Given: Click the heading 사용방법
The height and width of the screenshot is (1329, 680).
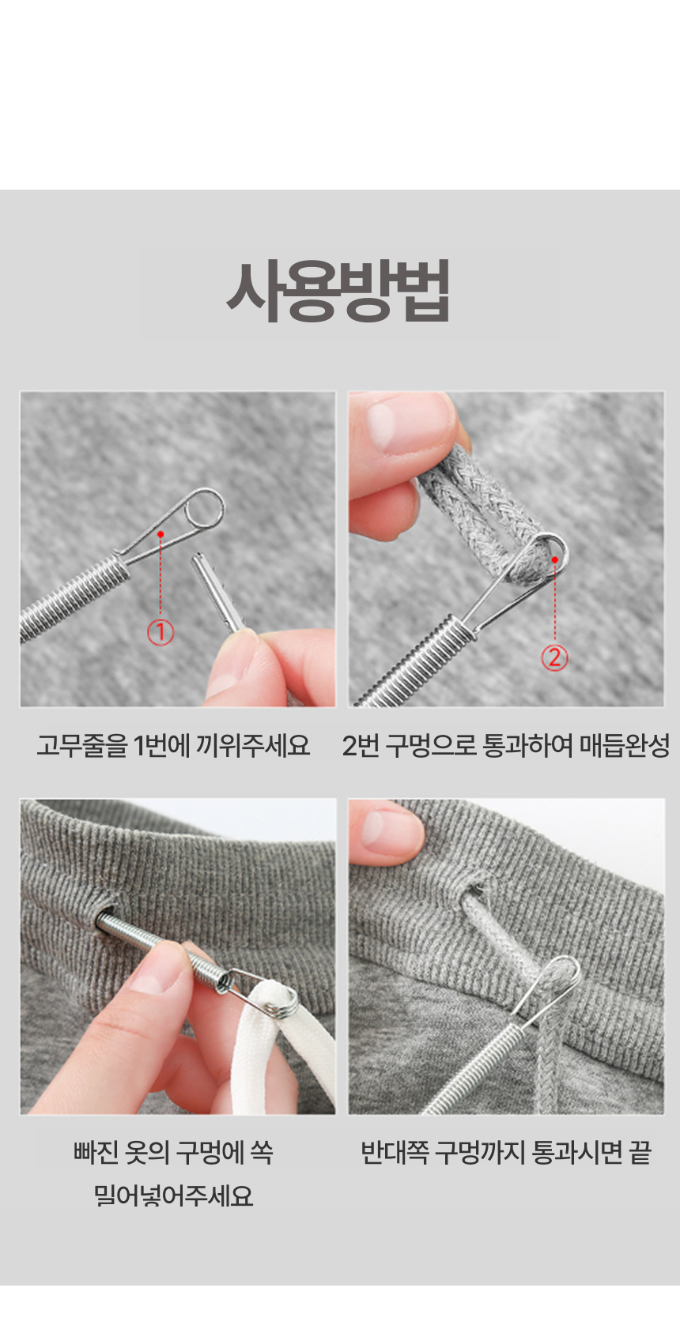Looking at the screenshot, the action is coord(338,292).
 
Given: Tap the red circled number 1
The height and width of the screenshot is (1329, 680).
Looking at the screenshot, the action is coord(161,632).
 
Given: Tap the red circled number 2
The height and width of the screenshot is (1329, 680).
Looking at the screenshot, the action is coord(555,657).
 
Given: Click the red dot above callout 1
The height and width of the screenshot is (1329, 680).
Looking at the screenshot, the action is coord(161,535).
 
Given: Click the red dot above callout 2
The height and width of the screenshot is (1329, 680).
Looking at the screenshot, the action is coord(555,559).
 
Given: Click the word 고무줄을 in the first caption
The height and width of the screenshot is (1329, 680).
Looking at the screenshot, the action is coord(81,745).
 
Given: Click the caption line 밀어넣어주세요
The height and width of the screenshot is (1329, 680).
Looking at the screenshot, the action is coord(173,1195).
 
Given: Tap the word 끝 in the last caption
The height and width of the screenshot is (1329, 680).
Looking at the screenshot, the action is coord(640,1153).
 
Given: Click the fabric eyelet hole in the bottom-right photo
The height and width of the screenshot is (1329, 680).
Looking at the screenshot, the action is coord(476,890).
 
